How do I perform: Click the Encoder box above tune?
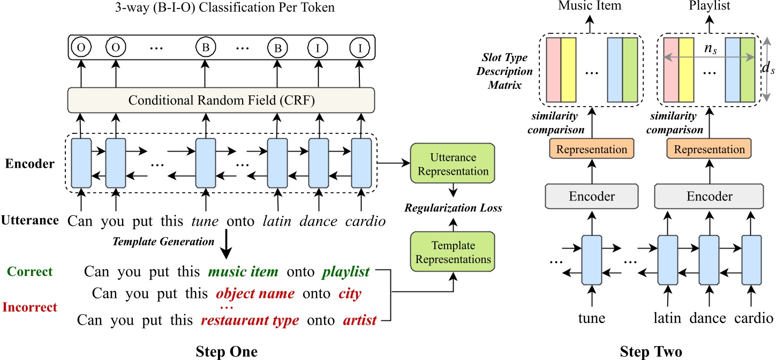click(592, 197)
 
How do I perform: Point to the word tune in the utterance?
click(206, 221)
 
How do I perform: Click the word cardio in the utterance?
click(366, 221)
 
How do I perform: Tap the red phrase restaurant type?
click(250, 320)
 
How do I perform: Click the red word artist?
click(360, 320)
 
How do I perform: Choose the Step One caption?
click(226, 351)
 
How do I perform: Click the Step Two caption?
click(651, 351)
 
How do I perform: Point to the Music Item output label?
click(590, 6)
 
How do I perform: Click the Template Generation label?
click(163, 242)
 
